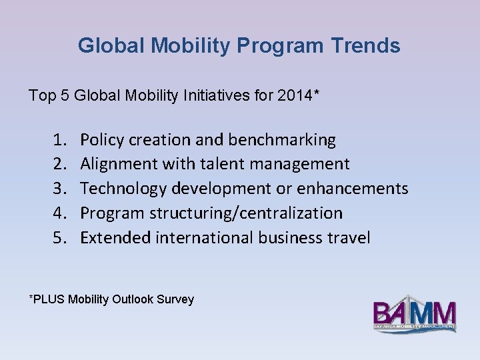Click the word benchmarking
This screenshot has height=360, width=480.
coord(282,140)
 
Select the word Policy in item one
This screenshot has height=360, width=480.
coord(101,140)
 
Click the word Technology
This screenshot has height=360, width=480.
coord(123,189)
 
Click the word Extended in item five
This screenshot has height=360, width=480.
coord(115,238)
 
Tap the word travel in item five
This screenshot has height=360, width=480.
coord(347,238)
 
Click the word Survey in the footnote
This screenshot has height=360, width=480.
coord(175,299)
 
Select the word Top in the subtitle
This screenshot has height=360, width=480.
coord(40,95)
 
